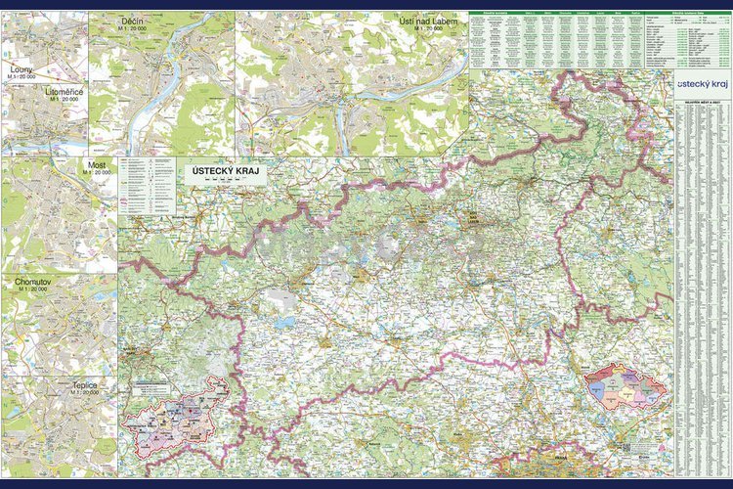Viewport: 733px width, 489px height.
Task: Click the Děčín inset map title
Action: (134, 20)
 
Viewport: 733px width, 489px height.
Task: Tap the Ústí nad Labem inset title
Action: (428, 21)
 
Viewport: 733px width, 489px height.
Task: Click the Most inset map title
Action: (96, 165)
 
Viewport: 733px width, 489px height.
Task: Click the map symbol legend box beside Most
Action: (148, 186)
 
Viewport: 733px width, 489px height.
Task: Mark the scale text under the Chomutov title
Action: (32, 290)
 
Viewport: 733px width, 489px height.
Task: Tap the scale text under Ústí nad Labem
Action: (428, 29)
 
